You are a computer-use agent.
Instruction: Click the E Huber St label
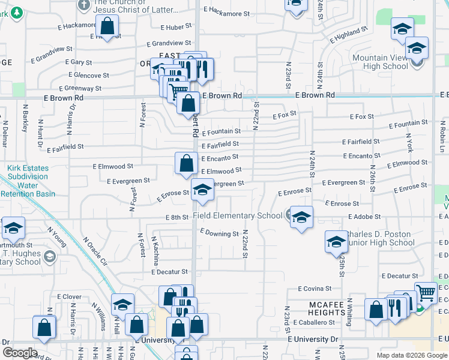point(176,27)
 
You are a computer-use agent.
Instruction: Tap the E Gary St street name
point(78,62)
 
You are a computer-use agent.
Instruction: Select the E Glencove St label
point(89,76)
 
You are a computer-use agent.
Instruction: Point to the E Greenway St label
point(82,88)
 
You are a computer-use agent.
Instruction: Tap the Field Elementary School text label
point(237,216)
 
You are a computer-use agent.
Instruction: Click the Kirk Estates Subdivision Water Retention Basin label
point(28,181)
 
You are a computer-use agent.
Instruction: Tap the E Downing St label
point(219,233)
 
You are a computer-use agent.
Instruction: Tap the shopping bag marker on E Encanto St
point(187,162)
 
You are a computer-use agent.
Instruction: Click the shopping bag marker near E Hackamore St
point(108,26)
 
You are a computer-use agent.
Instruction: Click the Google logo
point(19,353)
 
